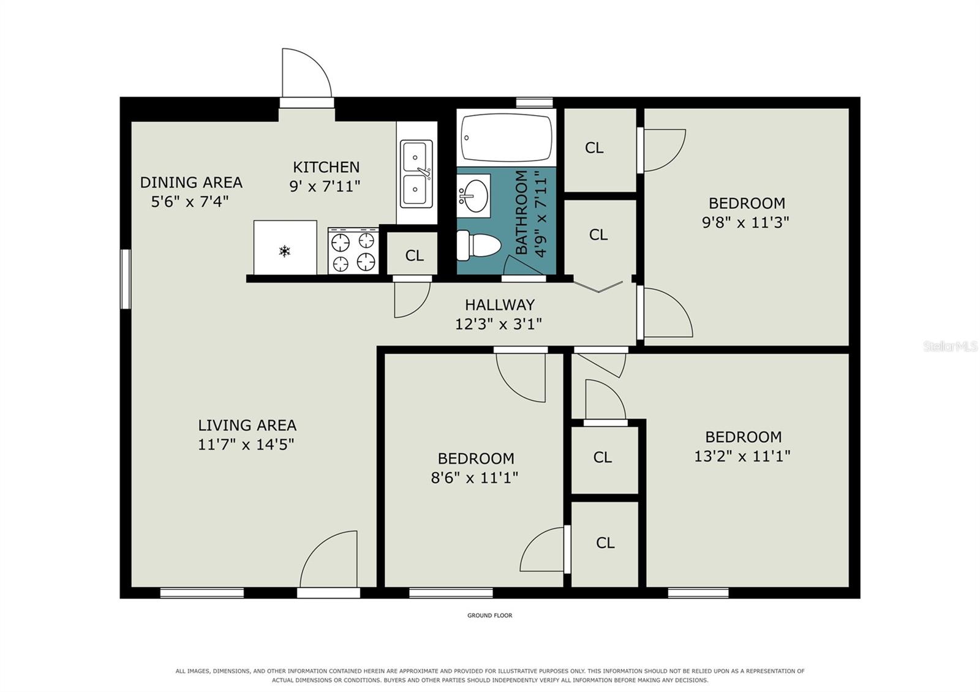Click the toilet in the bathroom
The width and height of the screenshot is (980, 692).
click(478, 246)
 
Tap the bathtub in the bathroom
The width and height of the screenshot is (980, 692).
click(507, 138)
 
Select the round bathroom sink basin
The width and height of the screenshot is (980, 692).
click(475, 195)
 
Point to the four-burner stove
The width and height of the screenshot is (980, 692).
click(353, 250)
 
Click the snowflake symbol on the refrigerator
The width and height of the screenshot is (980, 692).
click(285, 251)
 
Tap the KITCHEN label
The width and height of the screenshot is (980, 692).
click(326, 167)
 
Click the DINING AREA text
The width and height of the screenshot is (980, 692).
click(191, 182)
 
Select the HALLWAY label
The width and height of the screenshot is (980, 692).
click(500, 304)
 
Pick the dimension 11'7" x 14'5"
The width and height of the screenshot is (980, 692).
click(246, 445)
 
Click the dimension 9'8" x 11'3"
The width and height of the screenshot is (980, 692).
click(745, 223)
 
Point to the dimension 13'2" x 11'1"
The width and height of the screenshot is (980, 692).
click(742, 456)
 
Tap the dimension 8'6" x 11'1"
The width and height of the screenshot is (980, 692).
click(475, 478)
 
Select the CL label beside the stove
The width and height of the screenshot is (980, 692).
click(414, 255)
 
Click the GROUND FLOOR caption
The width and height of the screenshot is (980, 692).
click(489, 615)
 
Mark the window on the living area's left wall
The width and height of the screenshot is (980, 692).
click(126, 279)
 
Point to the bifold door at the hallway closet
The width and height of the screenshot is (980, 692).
click(598, 287)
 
